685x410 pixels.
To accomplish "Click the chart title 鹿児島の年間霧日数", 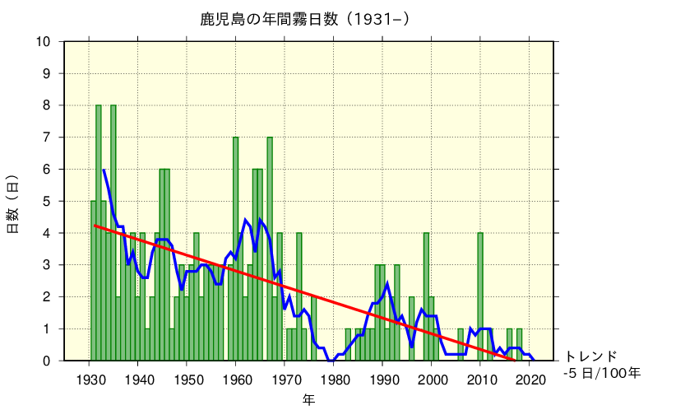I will click(304, 18).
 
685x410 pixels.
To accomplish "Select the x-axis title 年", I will click(308, 399).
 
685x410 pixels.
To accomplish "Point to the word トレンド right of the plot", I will click(590, 356).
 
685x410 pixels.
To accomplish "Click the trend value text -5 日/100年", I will click(601, 373).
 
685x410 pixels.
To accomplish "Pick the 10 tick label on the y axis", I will click(43, 42).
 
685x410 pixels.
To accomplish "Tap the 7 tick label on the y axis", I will click(47, 137).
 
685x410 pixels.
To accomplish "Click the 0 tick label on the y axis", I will click(47, 361).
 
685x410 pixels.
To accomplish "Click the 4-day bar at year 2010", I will click(480, 296).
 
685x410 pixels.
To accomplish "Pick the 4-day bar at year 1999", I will click(426, 296).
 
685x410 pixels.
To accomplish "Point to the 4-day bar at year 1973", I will click(299, 296).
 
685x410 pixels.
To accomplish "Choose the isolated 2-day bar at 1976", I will click(314, 328).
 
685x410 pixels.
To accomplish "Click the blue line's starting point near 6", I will click(104, 170).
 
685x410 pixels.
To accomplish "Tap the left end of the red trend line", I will click(95, 225).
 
